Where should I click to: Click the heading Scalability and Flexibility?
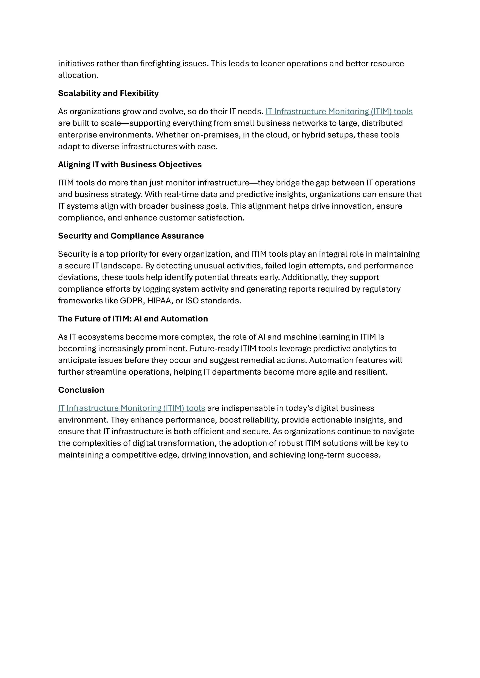point(108,93)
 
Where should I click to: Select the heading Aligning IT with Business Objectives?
point(130,165)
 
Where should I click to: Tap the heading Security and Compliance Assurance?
point(131,236)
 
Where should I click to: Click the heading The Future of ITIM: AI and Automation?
point(133,319)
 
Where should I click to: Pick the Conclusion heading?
point(81,390)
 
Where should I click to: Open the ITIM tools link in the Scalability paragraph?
point(339,111)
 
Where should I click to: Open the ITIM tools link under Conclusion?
point(131,408)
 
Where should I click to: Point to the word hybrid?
point(313,135)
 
